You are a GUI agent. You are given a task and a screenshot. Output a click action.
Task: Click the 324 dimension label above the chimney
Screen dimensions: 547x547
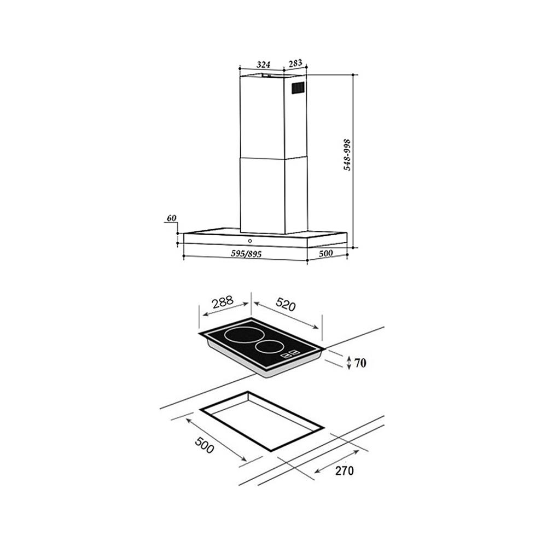click(264, 64)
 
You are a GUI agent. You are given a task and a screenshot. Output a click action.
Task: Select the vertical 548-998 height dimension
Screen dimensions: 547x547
click(347, 156)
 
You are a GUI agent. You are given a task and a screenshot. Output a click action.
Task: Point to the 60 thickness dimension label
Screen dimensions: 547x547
click(171, 219)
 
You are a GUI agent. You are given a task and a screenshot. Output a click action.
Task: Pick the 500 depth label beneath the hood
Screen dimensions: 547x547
click(325, 254)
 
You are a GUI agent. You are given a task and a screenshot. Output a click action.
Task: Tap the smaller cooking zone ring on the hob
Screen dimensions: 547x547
click(267, 346)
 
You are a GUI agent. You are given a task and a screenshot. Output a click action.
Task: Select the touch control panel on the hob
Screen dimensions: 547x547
click(289, 356)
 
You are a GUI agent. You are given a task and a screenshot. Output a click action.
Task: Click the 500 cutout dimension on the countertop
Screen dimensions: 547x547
click(203, 448)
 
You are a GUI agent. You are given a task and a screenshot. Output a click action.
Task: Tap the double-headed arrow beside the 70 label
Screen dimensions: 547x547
click(349, 362)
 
